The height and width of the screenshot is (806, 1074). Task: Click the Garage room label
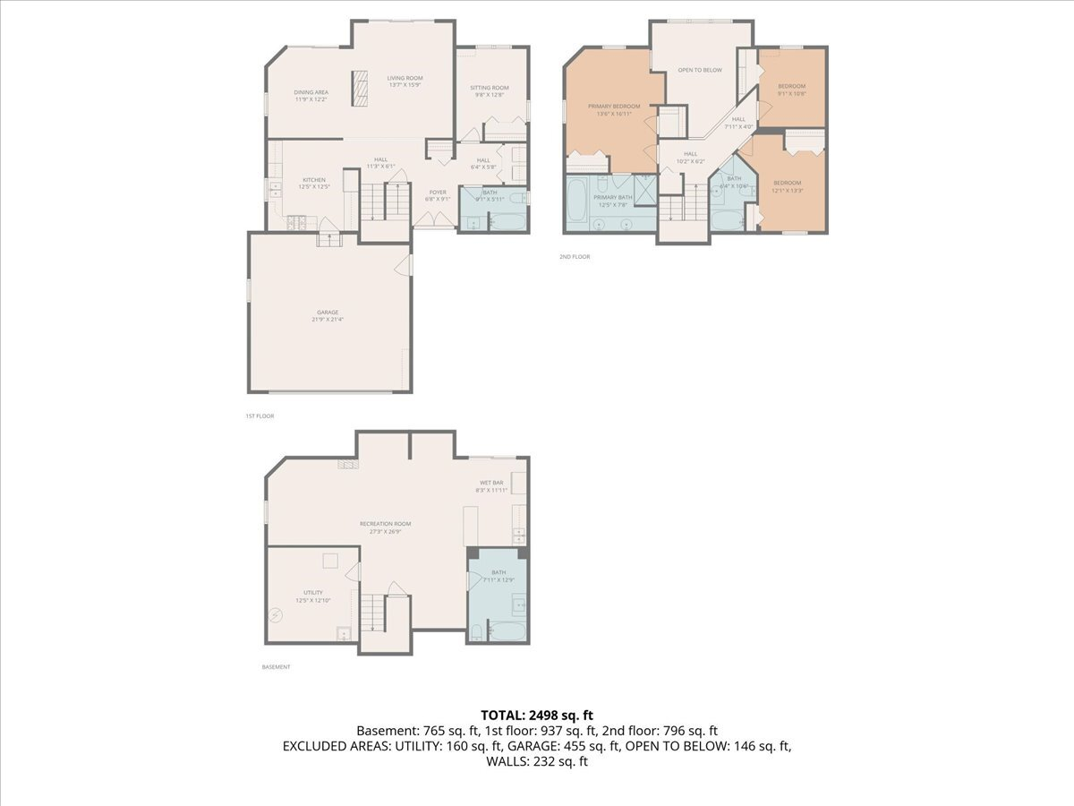(x=328, y=313)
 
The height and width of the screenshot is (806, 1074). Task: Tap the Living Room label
(x=405, y=78)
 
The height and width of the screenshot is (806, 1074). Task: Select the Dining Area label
(x=311, y=92)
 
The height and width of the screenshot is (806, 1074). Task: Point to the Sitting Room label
(x=489, y=88)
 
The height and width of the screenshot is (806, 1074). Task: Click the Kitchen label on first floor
(x=313, y=180)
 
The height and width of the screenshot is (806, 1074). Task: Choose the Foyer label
(x=438, y=193)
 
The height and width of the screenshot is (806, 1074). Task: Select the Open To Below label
(x=700, y=70)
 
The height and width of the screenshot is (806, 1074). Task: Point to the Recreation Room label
(x=385, y=524)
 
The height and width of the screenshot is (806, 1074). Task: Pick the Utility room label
(x=313, y=593)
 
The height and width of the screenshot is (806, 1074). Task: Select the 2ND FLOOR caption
(x=575, y=257)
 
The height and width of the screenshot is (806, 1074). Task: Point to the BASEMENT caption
(x=276, y=667)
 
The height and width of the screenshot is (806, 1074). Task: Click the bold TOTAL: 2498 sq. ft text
(x=537, y=715)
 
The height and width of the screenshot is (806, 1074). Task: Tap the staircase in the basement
(x=373, y=613)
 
